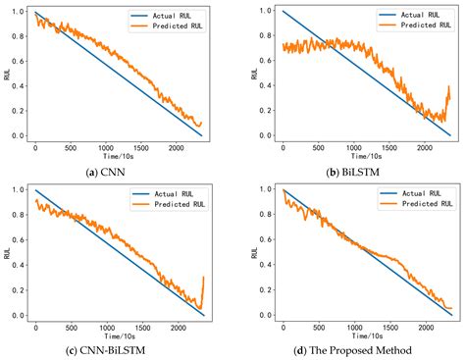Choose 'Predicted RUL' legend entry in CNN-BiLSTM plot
click(x=166, y=206)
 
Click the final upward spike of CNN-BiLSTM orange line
click(x=203, y=280)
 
